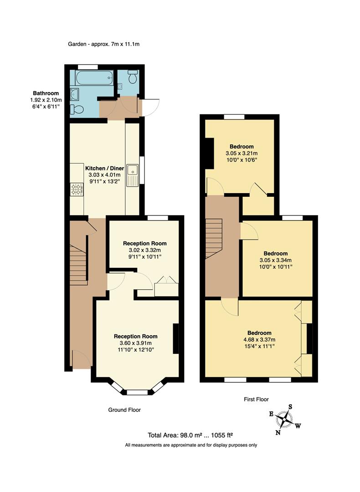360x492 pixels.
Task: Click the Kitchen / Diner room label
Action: tap(104, 168)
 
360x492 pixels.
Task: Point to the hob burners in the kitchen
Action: tap(76, 189)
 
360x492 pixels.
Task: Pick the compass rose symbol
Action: tap(286, 418)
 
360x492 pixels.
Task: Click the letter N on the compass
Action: tap(278, 433)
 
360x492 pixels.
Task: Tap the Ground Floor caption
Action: tap(124, 410)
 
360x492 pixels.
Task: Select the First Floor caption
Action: tap(256, 400)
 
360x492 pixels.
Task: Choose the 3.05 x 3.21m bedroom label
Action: tap(242, 153)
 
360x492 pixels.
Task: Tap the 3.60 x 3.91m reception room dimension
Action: tap(139, 343)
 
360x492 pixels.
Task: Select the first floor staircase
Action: tap(214, 238)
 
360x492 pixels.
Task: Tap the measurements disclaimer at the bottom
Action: tap(191, 445)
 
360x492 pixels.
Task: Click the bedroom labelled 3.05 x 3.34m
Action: tap(276, 260)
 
